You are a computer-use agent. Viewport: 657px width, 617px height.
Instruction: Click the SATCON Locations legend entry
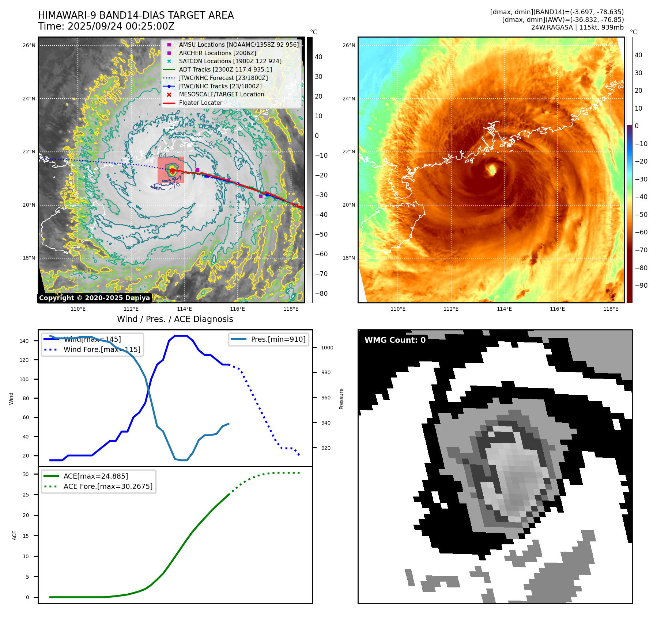coord(230,61)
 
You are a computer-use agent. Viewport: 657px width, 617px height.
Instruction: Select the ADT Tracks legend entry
coord(225,69)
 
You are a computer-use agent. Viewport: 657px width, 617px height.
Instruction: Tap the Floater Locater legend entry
coord(200,103)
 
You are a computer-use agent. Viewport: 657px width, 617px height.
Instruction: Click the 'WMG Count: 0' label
coord(395,340)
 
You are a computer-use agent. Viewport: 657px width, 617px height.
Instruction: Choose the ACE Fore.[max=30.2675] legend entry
coord(108,486)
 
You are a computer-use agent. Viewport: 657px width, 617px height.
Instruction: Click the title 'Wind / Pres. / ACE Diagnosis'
coord(175,319)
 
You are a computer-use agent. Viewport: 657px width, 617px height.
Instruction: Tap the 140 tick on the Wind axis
coord(24,341)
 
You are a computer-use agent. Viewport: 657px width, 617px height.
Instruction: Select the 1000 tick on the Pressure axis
coord(327,348)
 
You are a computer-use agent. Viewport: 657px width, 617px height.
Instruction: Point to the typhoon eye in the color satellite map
coord(492,169)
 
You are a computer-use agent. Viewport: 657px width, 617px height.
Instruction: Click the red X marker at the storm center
coord(171,170)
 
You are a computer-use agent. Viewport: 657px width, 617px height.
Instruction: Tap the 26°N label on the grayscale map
coord(29,46)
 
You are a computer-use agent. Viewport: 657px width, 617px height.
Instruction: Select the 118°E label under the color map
coord(611,309)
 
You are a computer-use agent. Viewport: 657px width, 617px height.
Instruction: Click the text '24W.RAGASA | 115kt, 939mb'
coord(577,27)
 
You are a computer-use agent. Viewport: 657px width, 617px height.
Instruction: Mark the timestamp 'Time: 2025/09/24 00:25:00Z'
coord(106,27)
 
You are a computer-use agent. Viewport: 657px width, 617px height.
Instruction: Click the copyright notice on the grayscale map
coord(94,298)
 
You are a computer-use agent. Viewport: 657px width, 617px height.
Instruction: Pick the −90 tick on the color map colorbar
coord(641,285)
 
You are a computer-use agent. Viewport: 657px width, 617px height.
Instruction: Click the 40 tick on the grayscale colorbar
coord(318,57)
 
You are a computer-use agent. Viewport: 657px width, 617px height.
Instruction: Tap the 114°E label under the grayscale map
coord(184,309)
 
